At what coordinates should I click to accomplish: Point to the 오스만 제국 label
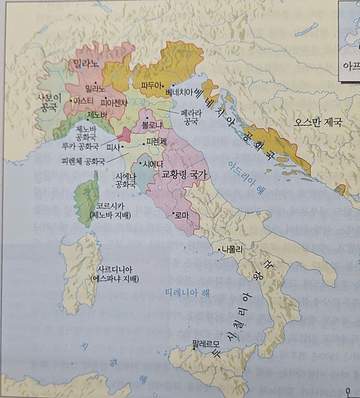point(317,121)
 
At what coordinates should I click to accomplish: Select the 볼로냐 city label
point(152,124)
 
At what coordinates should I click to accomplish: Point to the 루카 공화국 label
point(80,145)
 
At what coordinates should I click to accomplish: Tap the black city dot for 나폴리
point(219,249)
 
